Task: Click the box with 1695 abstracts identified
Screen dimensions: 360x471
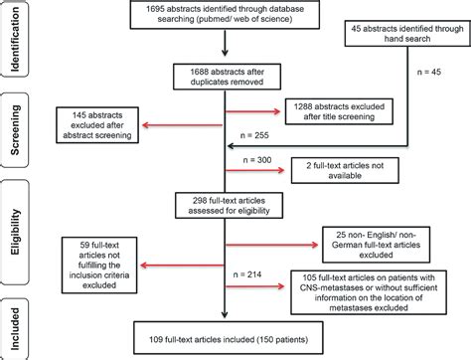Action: point(228,20)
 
